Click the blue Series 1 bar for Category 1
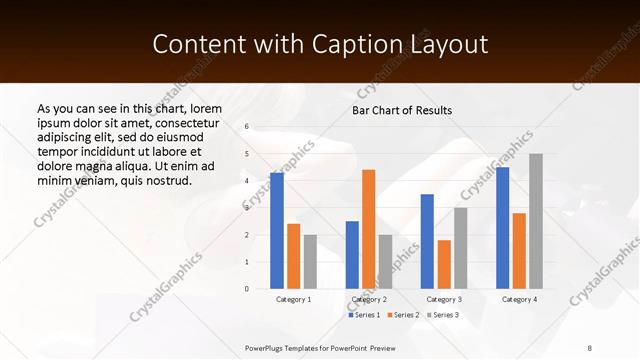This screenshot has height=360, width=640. [277, 231]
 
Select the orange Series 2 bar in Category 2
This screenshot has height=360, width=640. [368, 229]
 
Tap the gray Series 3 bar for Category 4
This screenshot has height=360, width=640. [536, 221]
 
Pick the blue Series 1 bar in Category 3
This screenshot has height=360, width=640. [427, 241]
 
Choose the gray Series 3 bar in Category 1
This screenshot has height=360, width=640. [310, 262]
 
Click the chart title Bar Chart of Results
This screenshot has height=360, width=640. [402, 110]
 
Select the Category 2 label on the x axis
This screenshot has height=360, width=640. [369, 299]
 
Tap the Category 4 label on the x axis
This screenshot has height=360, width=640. [519, 299]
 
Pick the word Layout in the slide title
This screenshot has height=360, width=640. [450, 45]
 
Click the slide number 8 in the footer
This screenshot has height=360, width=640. [590, 348]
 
